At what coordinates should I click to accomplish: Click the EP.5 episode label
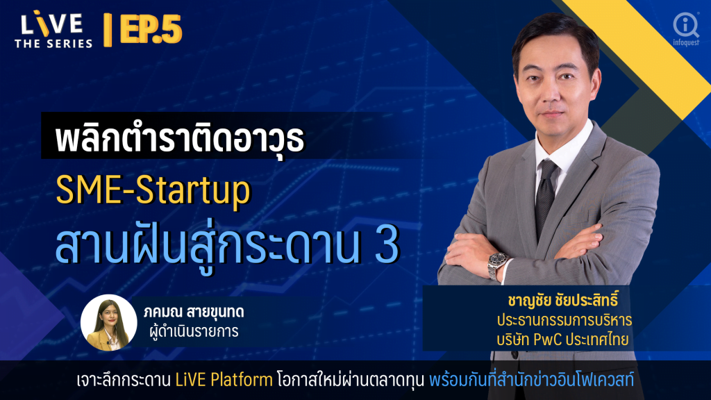click(151, 29)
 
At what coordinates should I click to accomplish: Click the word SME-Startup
click(153, 191)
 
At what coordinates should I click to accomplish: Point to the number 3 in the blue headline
click(387, 245)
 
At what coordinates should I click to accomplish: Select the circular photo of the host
click(109, 322)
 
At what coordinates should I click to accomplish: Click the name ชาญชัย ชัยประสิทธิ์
click(562, 300)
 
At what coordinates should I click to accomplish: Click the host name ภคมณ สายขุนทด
click(194, 312)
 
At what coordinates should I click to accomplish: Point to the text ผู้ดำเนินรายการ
click(194, 331)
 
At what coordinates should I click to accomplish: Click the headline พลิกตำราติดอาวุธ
click(180, 138)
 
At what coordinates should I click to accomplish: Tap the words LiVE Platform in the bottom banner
click(224, 380)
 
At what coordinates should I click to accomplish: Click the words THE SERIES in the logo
click(53, 44)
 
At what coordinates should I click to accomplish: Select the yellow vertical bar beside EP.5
click(108, 30)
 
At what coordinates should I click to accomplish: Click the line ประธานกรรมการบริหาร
click(564, 320)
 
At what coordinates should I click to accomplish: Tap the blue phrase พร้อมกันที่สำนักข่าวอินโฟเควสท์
click(531, 380)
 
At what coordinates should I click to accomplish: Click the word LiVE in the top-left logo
click(51, 24)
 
